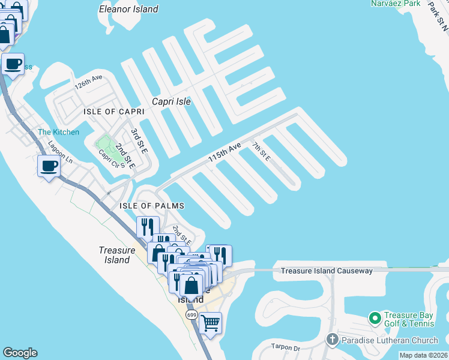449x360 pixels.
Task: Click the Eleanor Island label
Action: pos(129,9)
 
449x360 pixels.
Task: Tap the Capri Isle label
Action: pos(171,101)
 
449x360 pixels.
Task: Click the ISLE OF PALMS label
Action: pos(151,206)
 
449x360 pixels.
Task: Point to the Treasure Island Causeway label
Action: pos(327,271)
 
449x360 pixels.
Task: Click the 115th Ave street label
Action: pos(224,151)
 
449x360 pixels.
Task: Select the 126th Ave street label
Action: pos(89,82)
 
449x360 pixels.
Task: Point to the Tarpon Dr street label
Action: pos(285,347)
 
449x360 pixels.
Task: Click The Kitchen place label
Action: pos(58,132)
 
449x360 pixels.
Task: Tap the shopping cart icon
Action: pos(210,323)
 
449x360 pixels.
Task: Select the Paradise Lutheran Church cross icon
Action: pos(333,340)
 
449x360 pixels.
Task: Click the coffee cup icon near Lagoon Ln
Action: pos(49,166)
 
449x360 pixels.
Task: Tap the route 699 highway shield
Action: pos(191,315)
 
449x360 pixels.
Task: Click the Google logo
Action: pos(20,353)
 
